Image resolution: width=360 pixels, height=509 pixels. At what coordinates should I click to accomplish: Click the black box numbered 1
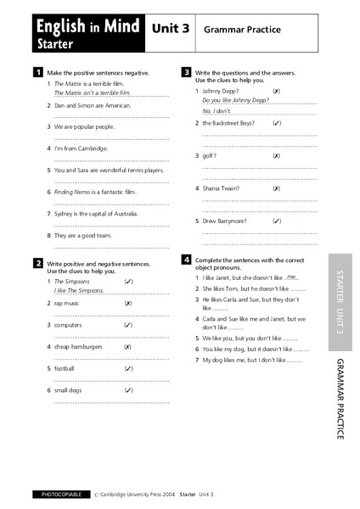[37, 73]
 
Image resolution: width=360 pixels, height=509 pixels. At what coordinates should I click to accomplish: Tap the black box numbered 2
[37, 264]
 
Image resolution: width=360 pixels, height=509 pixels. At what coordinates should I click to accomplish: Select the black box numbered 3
[186, 73]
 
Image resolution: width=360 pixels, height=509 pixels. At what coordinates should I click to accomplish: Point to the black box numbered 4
[186, 258]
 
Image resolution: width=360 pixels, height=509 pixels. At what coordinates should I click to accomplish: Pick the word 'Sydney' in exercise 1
[65, 213]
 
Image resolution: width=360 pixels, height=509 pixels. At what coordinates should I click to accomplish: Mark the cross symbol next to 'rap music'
[127, 302]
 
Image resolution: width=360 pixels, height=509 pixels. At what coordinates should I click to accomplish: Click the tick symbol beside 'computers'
[127, 324]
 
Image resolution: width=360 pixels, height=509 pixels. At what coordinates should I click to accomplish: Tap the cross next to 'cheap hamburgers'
[127, 346]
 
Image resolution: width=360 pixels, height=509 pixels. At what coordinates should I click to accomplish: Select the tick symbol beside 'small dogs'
[127, 390]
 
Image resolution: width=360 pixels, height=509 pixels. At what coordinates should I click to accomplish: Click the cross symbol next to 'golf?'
[277, 156]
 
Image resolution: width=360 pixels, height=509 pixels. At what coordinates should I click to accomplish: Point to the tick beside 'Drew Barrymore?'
[277, 221]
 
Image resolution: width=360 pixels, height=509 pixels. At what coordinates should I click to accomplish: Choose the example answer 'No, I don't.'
[217, 111]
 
